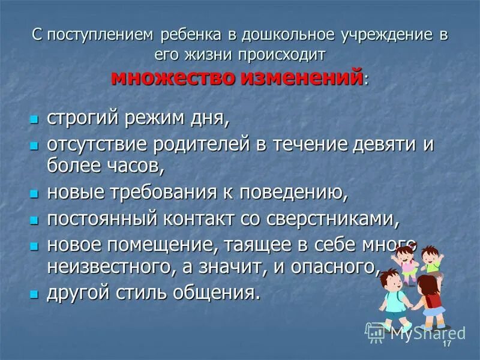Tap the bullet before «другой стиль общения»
click(35, 295)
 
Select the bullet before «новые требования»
click(35, 194)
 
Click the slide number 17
click(446, 348)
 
